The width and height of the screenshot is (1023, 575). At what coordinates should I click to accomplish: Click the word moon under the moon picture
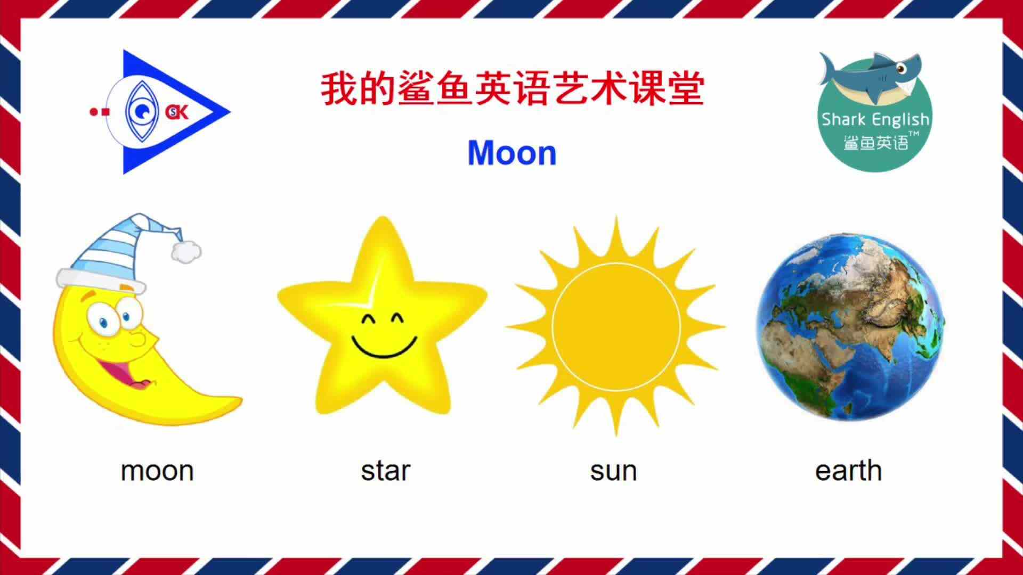tap(157, 471)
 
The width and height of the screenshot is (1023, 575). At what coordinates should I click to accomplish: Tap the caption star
tap(385, 471)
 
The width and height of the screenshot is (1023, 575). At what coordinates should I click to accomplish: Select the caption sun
tap(613, 471)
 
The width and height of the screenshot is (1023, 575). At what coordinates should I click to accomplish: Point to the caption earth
tap(848, 471)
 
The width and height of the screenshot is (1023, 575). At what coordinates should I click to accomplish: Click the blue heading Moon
tap(512, 153)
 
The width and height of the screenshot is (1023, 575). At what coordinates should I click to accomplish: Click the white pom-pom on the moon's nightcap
tap(186, 251)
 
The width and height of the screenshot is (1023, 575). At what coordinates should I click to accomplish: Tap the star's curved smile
tap(384, 347)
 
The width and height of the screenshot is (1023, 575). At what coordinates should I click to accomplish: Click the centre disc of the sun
tap(616, 326)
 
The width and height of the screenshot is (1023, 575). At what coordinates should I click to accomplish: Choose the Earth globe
tap(850, 326)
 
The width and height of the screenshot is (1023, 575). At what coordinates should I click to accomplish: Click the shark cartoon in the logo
tap(871, 77)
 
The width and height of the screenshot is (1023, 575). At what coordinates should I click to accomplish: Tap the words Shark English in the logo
tap(875, 119)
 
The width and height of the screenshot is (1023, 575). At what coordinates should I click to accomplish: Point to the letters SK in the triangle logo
tap(177, 112)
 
